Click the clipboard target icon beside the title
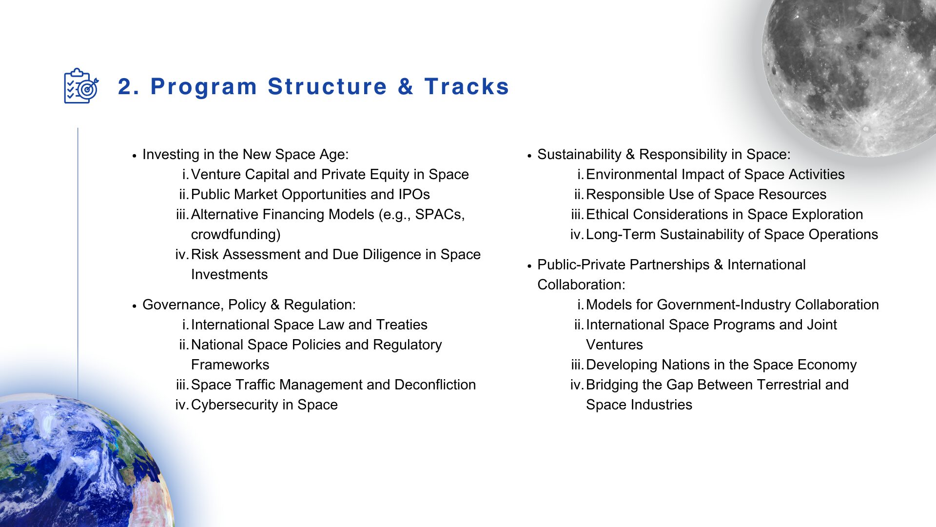(81, 86)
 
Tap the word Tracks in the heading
(467, 87)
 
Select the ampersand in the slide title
(406, 87)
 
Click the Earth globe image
(78, 464)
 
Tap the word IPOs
(414, 194)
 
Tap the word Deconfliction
(435, 385)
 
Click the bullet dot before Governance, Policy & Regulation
(134, 306)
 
